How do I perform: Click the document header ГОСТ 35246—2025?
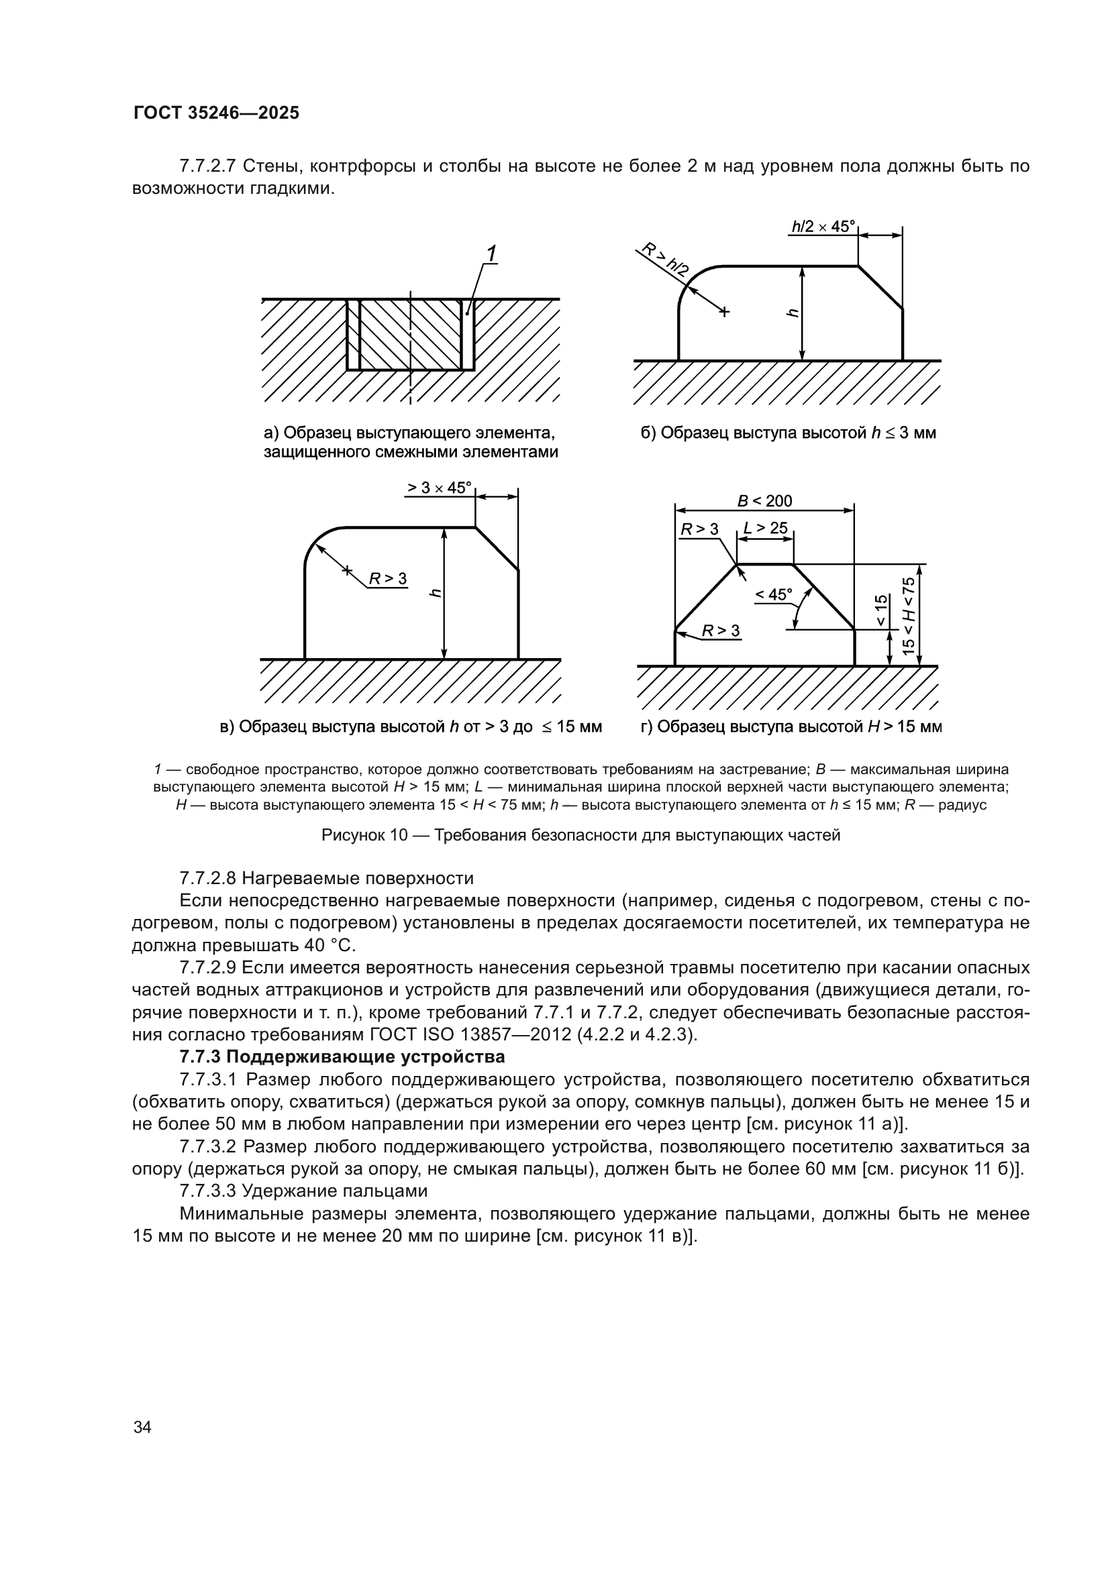pyautogui.click(x=216, y=113)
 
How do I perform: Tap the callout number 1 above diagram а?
pyautogui.click(x=490, y=254)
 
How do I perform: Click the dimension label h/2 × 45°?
pyautogui.click(x=823, y=226)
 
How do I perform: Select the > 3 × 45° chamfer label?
pyautogui.click(x=440, y=488)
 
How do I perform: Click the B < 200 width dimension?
pyautogui.click(x=764, y=501)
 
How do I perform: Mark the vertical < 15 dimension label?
pyautogui.click(x=882, y=610)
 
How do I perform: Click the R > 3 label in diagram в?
pyautogui.click(x=387, y=579)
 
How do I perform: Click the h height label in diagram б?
pyautogui.click(x=792, y=313)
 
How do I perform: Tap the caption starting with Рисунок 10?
pyautogui.click(x=581, y=835)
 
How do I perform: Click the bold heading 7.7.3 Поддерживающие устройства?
pyautogui.click(x=342, y=1057)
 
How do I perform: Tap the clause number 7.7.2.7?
pyautogui.click(x=207, y=166)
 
